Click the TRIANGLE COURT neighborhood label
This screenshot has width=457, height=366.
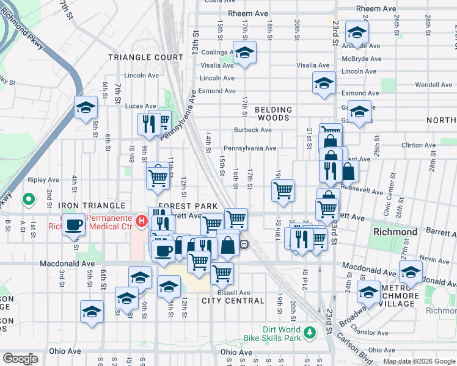click(x=145, y=57)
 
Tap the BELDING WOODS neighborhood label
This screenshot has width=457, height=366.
click(x=273, y=115)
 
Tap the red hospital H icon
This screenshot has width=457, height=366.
click(x=142, y=219)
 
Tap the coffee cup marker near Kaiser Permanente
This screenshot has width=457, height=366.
click(x=74, y=224)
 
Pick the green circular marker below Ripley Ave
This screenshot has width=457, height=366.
click(x=28, y=199)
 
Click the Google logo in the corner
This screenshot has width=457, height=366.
click(x=20, y=358)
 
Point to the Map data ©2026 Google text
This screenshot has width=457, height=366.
click(x=419, y=361)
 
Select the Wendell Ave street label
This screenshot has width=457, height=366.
click(x=431, y=84)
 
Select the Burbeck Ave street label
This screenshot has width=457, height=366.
click(x=252, y=130)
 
